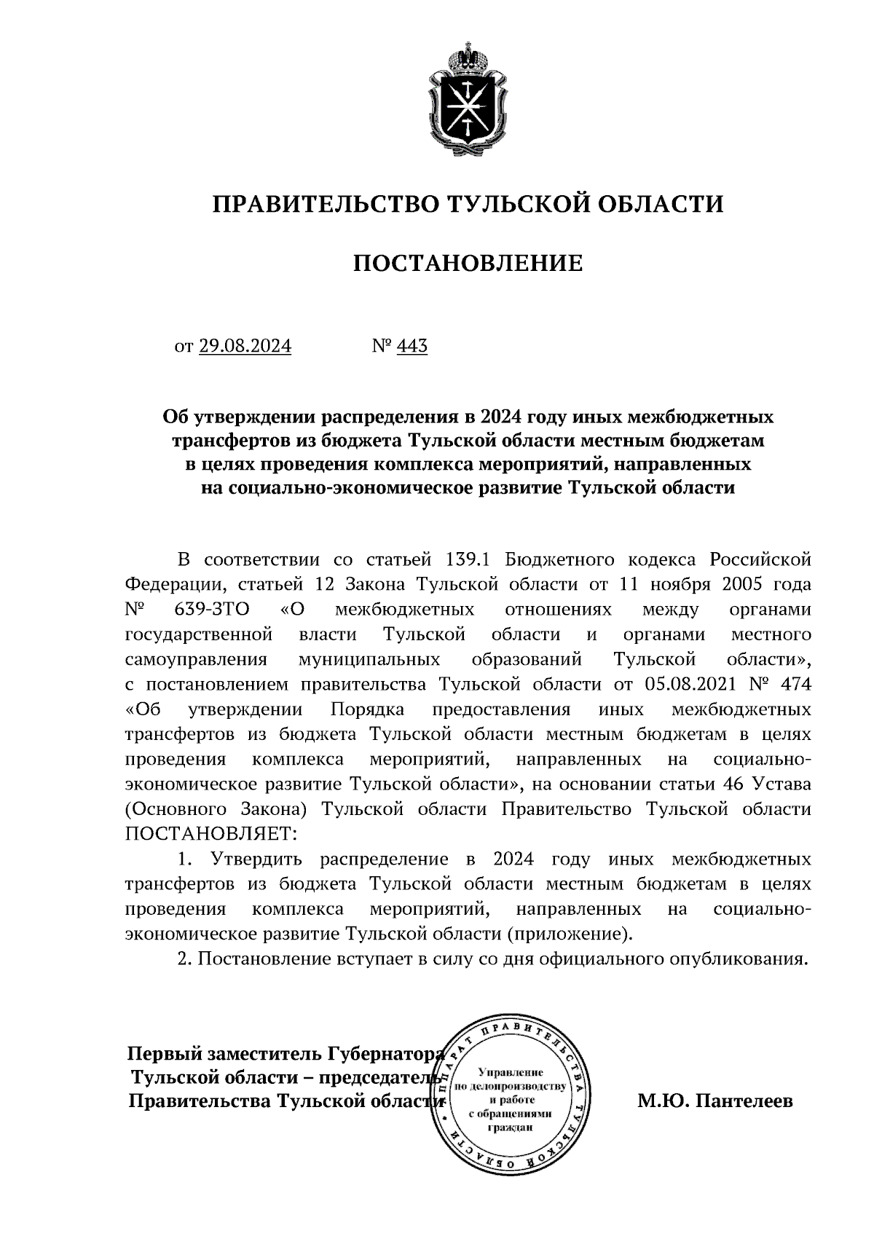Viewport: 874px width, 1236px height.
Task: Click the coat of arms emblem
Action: (468, 103)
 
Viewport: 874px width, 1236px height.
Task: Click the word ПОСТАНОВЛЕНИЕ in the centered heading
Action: (468, 263)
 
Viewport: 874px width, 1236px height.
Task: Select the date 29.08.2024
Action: (245, 346)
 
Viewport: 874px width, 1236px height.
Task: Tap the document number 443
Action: (412, 346)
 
